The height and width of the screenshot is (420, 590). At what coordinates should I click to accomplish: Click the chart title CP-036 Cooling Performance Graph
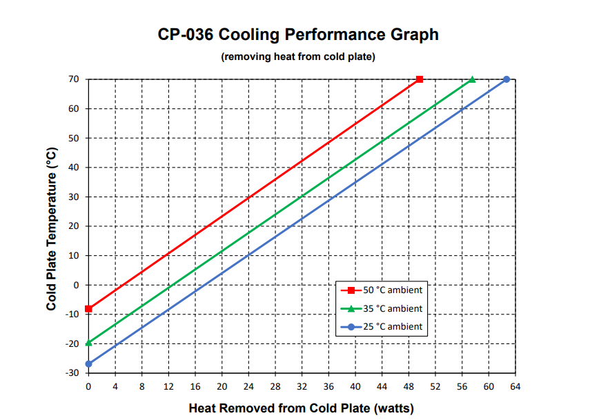coord(297,34)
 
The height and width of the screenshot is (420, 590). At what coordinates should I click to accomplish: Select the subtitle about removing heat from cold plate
coord(297,57)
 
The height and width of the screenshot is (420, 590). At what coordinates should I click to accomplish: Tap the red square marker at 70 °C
coord(420,79)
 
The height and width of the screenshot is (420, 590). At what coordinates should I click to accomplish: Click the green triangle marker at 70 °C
coord(473,79)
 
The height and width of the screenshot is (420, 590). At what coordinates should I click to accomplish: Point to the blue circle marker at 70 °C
coord(507,79)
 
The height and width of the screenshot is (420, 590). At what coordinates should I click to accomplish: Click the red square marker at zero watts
coord(88,309)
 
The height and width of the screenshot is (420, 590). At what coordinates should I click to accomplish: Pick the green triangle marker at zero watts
coord(88,342)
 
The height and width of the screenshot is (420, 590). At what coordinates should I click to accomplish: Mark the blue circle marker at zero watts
coord(88,364)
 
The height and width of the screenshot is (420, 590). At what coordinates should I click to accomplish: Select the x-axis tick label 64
coord(515,387)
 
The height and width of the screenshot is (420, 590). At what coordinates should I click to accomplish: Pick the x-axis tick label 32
coord(302,387)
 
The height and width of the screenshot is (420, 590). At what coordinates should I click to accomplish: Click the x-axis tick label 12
coord(168,387)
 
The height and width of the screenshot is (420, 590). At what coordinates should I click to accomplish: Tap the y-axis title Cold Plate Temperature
coord(52,226)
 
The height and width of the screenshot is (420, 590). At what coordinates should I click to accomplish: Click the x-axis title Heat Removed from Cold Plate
coord(301,408)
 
